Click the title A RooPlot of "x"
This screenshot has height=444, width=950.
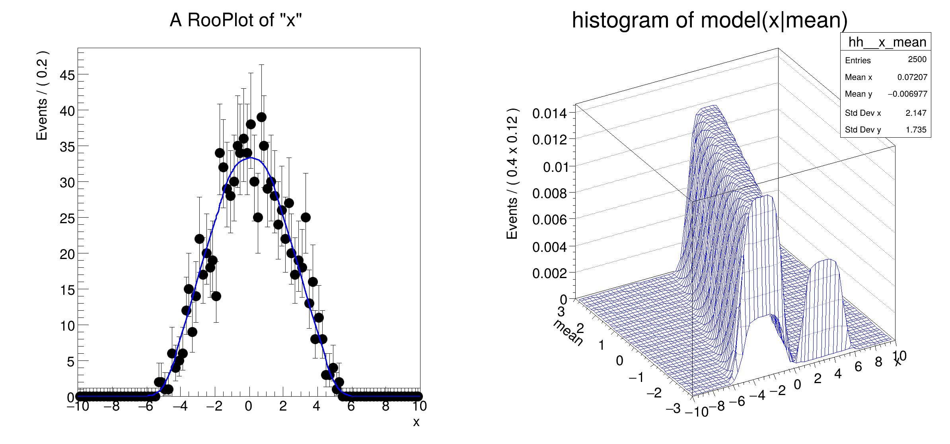(x=236, y=20)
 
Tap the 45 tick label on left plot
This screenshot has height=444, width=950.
(x=67, y=75)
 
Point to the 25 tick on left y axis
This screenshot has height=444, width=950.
(x=67, y=218)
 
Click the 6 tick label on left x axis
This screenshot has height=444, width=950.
(x=351, y=406)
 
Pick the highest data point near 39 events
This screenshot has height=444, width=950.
(x=261, y=117)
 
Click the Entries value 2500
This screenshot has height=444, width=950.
(x=917, y=60)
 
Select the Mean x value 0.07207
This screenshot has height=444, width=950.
(x=912, y=77)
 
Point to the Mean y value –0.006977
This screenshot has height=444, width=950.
(x=907, y=94)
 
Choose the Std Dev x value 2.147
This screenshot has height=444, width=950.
(x=916, y=113)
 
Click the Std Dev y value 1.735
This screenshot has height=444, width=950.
(x=916, y=130)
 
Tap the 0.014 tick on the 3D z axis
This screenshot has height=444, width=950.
(x=549, y=114)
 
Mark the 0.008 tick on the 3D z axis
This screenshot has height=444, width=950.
(x=549, y=194)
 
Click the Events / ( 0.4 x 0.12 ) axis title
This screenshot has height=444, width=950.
(x=512, y=173)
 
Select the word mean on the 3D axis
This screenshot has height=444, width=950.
(x=568, y=333)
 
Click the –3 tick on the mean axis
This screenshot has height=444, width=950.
(x=673, y=409)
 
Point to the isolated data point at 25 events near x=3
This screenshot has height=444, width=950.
(x=306, y=218)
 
